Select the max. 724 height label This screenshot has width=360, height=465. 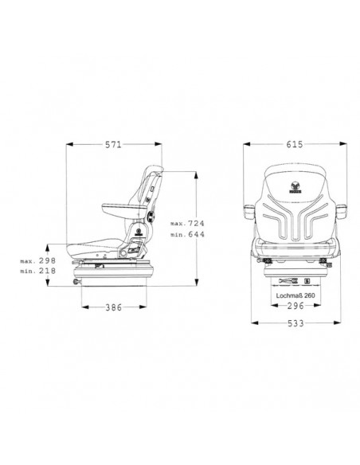[188, 225]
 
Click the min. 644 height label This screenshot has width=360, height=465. [188, 236]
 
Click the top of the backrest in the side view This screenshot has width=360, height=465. [156, 170]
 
